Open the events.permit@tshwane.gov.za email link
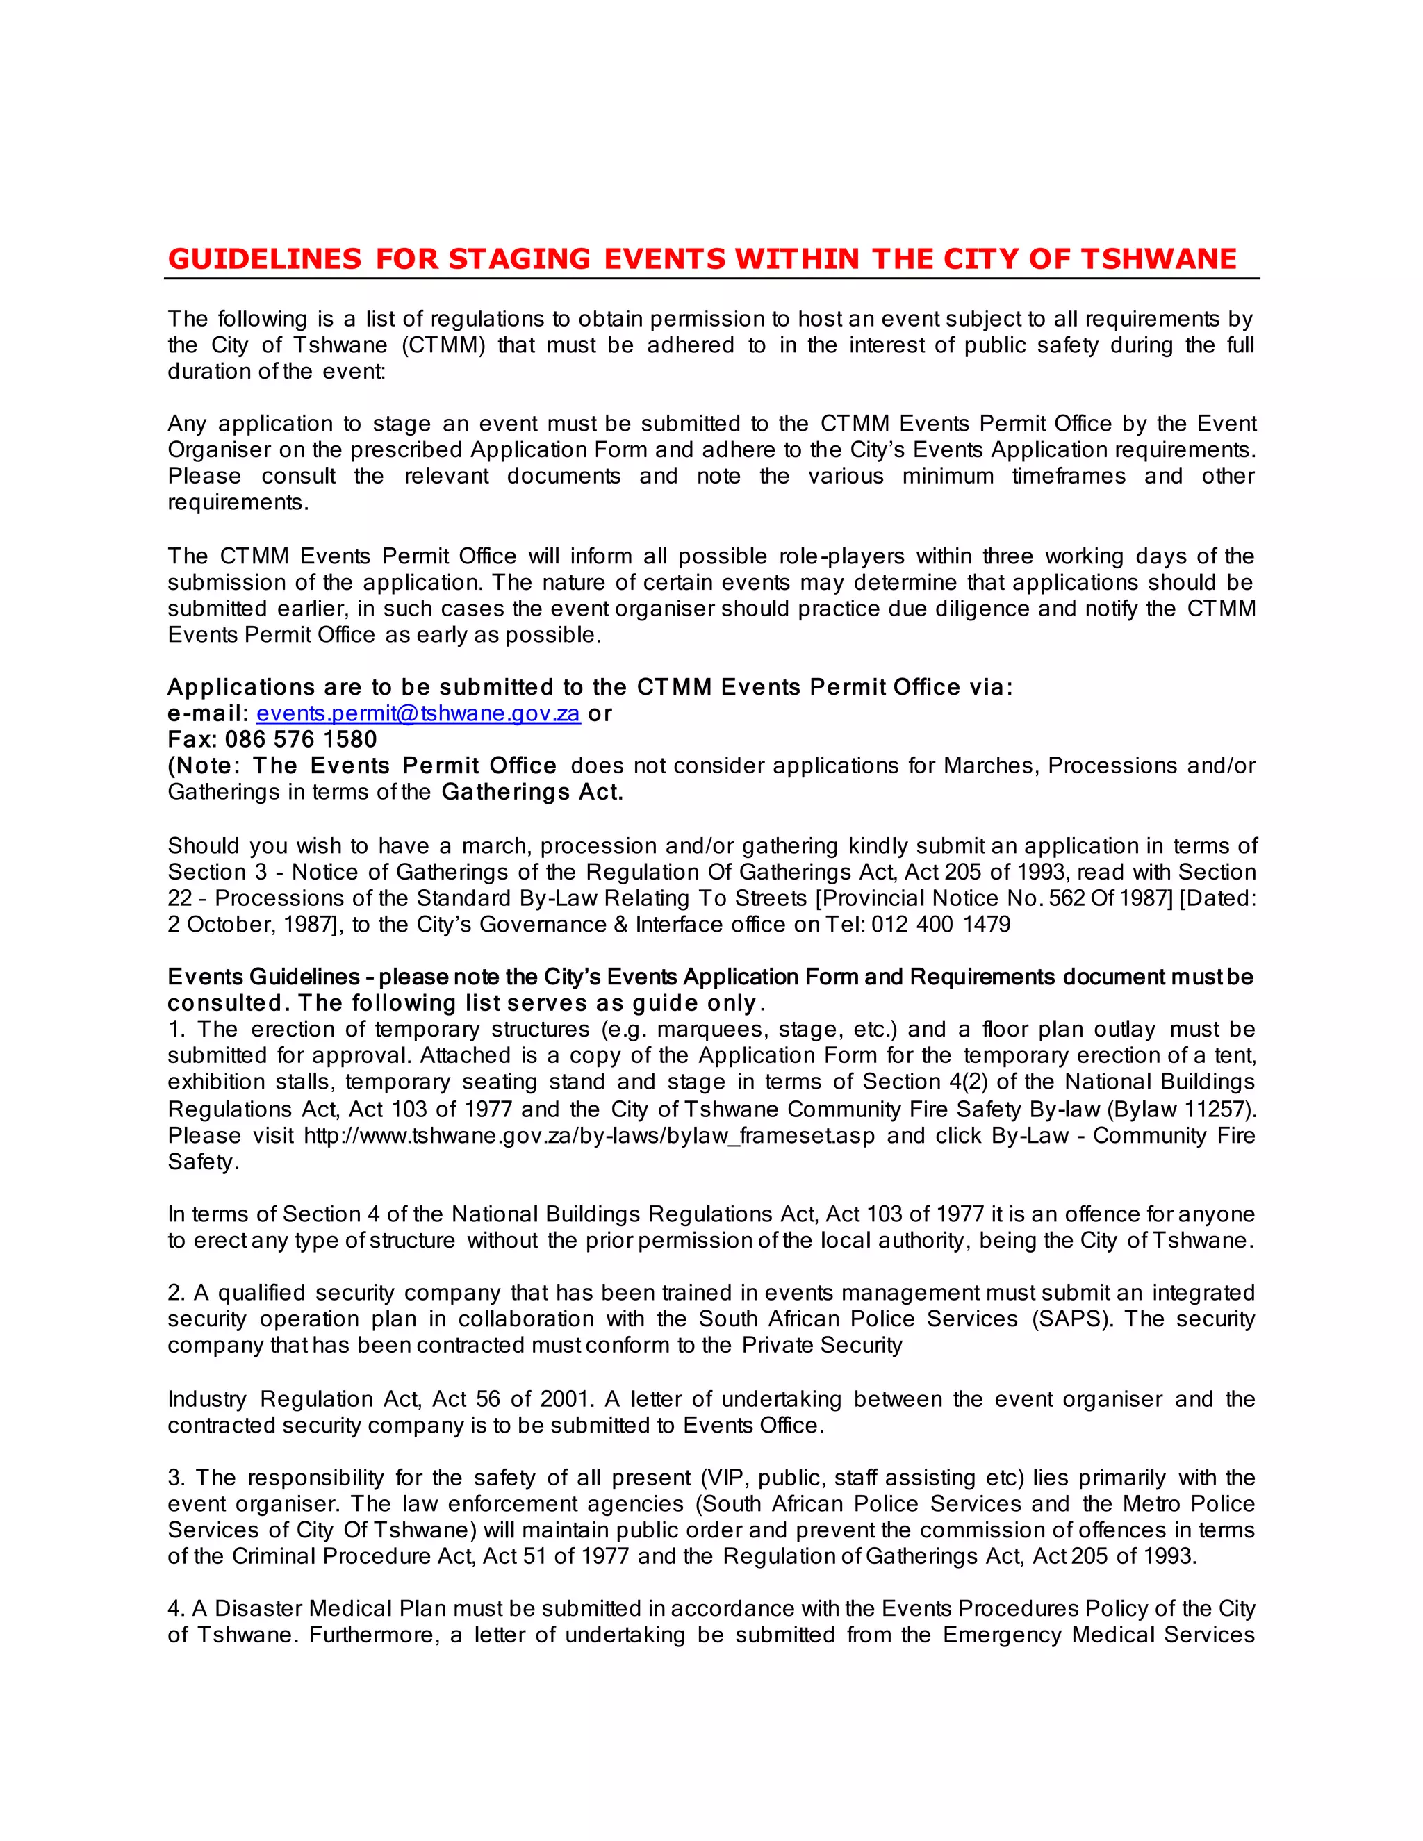(x=418, y=714)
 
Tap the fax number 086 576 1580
(x=301, y=740)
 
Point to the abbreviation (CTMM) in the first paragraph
(x=443, y=345)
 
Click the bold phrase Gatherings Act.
(x=532, y=793)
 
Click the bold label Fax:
(x=192, y=740)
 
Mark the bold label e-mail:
(x=207, y=714)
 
